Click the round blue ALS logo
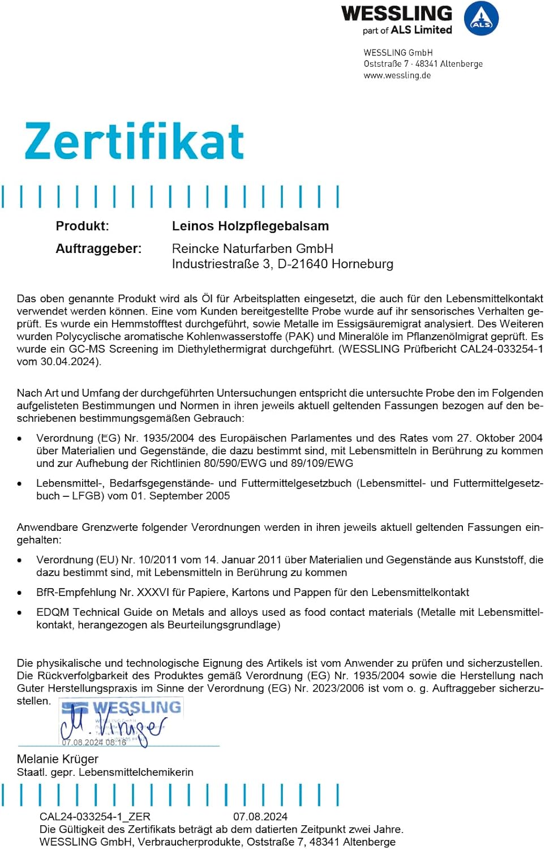tap(481, 19)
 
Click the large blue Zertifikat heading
tap(134, 141)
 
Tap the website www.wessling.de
tap(397, 75)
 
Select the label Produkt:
tap(82, 226)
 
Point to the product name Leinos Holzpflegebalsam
tap(250, 226)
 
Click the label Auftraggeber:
tap(98, 248)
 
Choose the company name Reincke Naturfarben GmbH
tap(252, 248)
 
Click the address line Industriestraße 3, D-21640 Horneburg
tap(282, 264)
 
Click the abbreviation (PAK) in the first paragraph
tap(300, 336)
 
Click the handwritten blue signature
tap(113, 724)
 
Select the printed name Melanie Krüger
tap(58, 759)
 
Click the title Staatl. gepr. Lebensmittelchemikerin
tap(105, 772)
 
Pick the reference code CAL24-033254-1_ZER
tap(95, 817)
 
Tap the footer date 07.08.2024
tap(260, 817)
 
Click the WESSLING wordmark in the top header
tap(397, 14)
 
